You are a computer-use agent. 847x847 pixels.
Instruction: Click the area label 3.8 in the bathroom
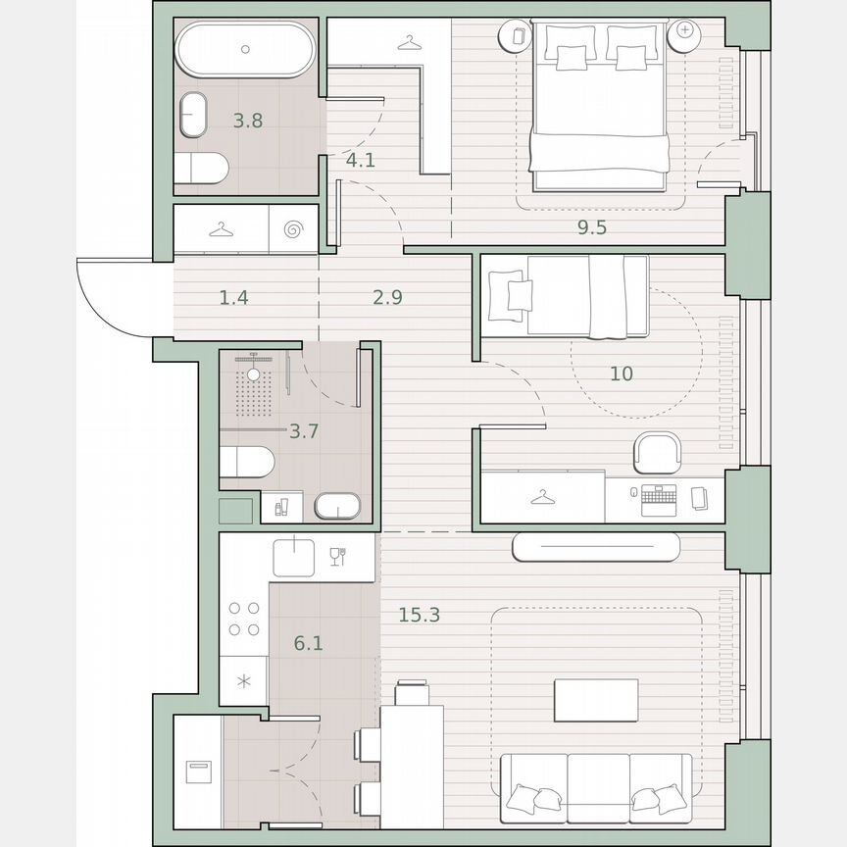[248, 122]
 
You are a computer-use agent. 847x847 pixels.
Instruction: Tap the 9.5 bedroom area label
[591, 227]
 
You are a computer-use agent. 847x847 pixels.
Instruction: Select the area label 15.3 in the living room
[419, 615]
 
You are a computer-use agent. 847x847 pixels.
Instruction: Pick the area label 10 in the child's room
[621, 374]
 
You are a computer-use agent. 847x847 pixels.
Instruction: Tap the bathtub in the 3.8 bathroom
[246, 50]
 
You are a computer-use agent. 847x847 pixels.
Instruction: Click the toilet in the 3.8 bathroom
[204, 170]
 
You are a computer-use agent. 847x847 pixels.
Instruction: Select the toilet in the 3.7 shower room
[246, 462]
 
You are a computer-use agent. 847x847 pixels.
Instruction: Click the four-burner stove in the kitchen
[244, 619]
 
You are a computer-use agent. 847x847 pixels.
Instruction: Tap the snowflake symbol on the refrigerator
[244, 679]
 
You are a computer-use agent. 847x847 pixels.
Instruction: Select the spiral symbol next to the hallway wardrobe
[292, 229]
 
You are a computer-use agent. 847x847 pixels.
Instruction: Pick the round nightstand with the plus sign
[683, 32]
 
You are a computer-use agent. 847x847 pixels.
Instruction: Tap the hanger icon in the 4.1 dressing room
[410, 42]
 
